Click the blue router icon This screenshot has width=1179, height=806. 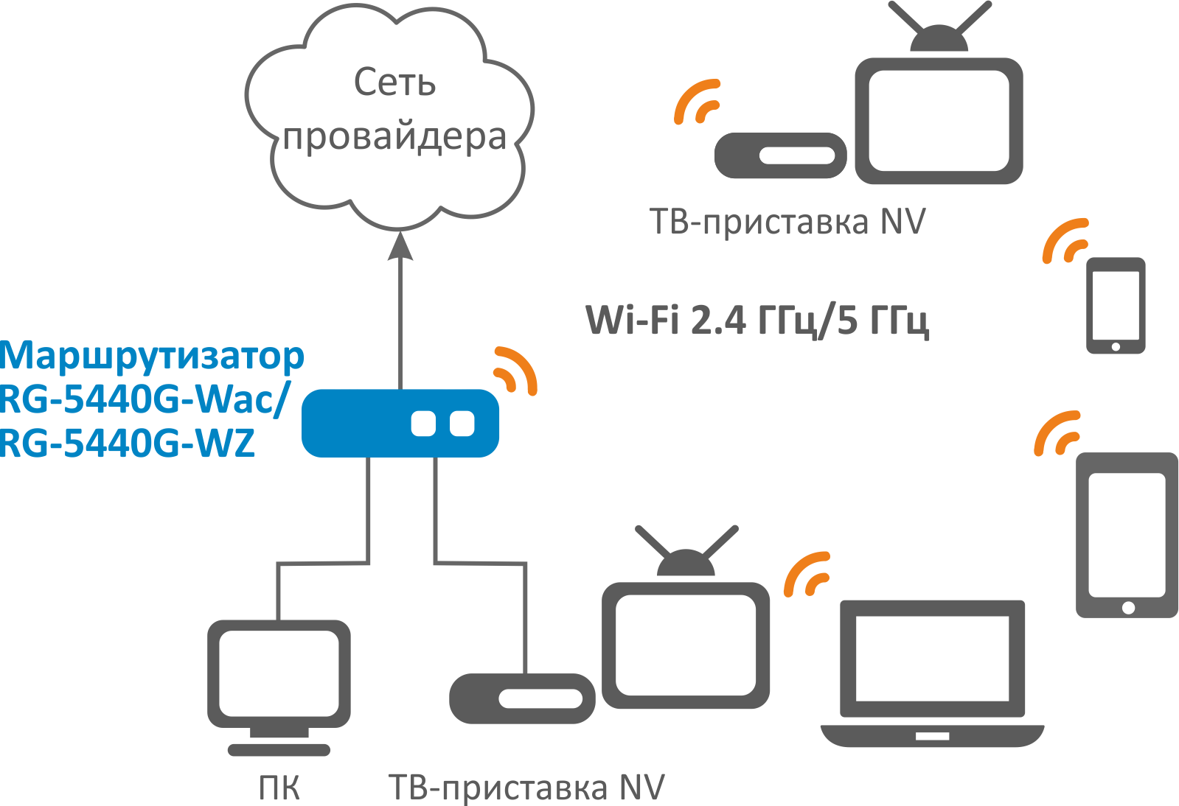[x=400, y=423]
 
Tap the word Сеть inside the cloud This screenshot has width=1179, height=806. [x=394, y=83]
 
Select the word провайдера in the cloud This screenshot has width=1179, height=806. [x=395, y=137]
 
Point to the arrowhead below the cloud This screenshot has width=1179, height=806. [x=400, y=246]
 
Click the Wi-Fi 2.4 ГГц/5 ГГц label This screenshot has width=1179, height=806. [x=757, y=320]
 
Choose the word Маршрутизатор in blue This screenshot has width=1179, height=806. [x=152, y=356]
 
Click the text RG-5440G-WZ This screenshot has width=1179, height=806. [x=128, y=443]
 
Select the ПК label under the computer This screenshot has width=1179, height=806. [x=279, y=788]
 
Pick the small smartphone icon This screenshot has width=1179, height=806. [x=1116, y=304]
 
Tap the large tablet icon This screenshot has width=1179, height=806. [x=1127, y=534]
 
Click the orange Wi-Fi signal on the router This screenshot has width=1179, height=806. [x=515, y=370]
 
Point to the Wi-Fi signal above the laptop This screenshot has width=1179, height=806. [x=807, y=573]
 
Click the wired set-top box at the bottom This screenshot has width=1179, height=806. [x=522, y=698]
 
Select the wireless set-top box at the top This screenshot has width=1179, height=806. [x=780, y=155]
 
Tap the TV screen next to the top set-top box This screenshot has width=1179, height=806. [x=939, y=122]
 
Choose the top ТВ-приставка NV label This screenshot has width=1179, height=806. [x=787, y=222]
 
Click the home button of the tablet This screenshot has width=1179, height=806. [x=1128, y=607]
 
